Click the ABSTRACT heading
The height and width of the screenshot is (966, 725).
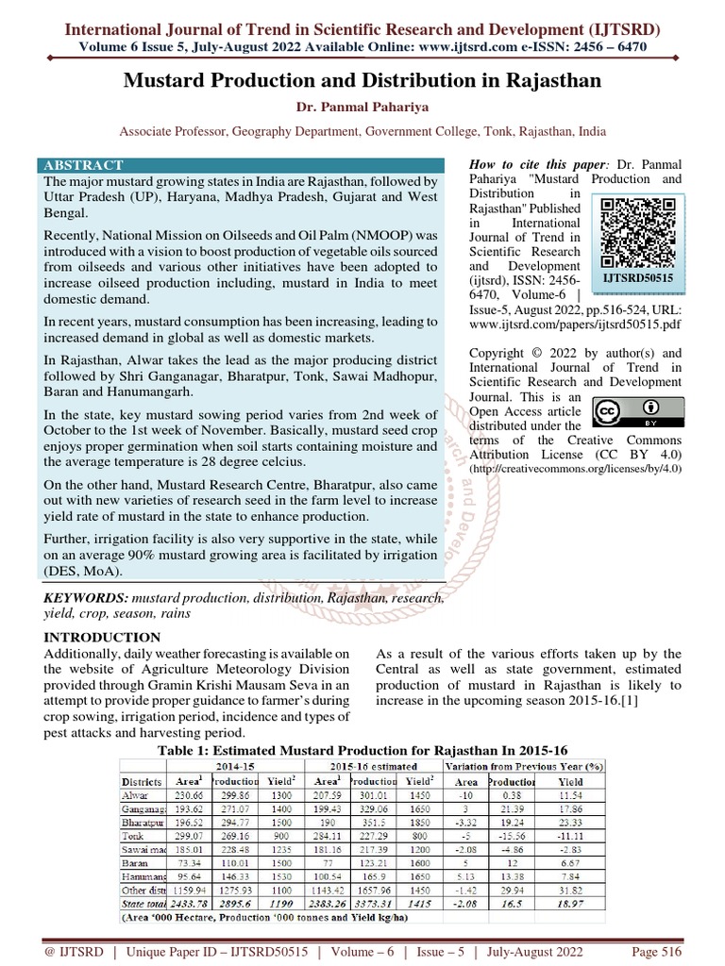pos(90,165)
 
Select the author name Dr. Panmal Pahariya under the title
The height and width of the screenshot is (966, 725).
pos(362,108)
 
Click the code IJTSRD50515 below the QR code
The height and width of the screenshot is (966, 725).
pos(639,280)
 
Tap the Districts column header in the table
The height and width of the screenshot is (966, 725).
pos(143,781)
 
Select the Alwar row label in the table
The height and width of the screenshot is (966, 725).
pos(135,796)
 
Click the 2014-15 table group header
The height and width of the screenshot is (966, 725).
pos(235,766)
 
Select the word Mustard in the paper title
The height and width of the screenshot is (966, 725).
pos(173,81)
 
